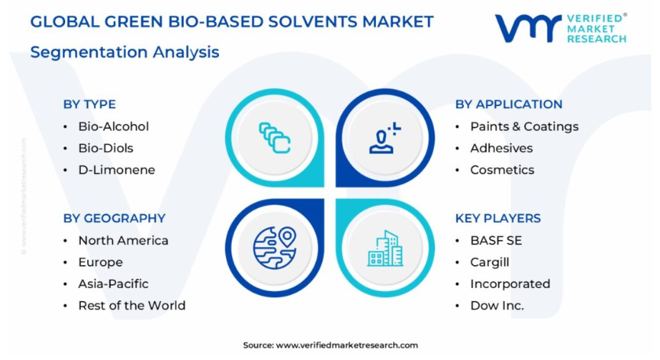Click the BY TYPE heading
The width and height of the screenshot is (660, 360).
(89, 104)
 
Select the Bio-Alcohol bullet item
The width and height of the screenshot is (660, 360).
(114, 126)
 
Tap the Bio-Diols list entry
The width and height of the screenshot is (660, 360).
(106, 148)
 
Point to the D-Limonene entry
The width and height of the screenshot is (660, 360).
(117, 170)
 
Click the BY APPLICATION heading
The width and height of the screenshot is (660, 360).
(509, 104)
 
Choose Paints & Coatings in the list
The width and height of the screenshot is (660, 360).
(524, 126)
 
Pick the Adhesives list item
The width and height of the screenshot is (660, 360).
(501, 148)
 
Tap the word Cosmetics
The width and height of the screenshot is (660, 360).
(502, 170)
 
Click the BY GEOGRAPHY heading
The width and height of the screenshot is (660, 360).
(114, 218)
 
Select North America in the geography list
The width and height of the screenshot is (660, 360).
(123, 241)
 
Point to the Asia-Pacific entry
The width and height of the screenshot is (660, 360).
(113, 284)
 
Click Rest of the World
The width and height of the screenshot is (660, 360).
(132, 306)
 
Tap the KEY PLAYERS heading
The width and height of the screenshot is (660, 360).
(498, 218)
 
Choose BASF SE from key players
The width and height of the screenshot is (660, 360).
(496, 241)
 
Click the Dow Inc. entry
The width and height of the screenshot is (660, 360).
(497, 306)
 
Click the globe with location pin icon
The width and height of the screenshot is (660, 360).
(275, 248)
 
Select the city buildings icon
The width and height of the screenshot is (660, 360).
(385, 248)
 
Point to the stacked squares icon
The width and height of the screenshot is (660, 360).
(275, 137)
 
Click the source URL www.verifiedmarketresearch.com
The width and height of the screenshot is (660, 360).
(347, 345)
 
